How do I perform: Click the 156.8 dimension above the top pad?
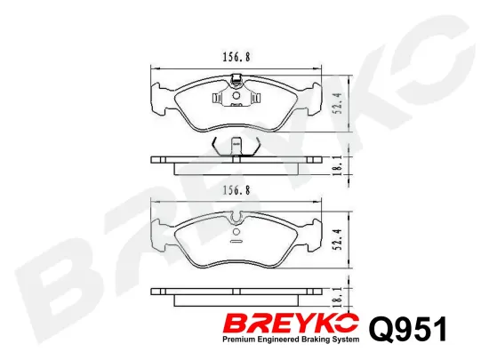tap(236, 57)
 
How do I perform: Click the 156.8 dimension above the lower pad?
tap(236, 190)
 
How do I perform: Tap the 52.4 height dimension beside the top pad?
tap(338, 104)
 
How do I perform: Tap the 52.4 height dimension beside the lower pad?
tap(338, 239)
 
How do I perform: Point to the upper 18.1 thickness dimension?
tap(338, 166)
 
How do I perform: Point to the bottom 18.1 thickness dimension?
tap(338, 296)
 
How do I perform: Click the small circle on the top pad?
tap(236, 95)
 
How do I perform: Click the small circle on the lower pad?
tap(236, 232)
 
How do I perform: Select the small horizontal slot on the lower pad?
tap(236, 241)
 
